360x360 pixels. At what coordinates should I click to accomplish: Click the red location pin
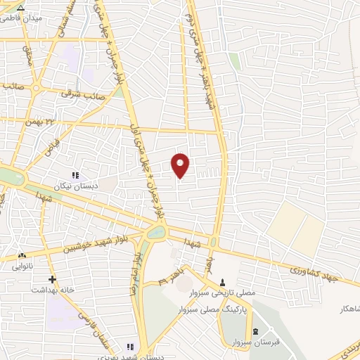coord(181,165)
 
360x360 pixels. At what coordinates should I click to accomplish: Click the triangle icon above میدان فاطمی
coord(20,8)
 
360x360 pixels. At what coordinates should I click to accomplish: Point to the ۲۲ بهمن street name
coord(39,122)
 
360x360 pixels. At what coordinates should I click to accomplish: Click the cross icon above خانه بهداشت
coord(52,279)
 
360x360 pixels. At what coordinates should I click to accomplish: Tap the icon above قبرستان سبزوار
coord(255,330)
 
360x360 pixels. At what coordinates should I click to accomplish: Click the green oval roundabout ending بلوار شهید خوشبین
coord(156,231)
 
